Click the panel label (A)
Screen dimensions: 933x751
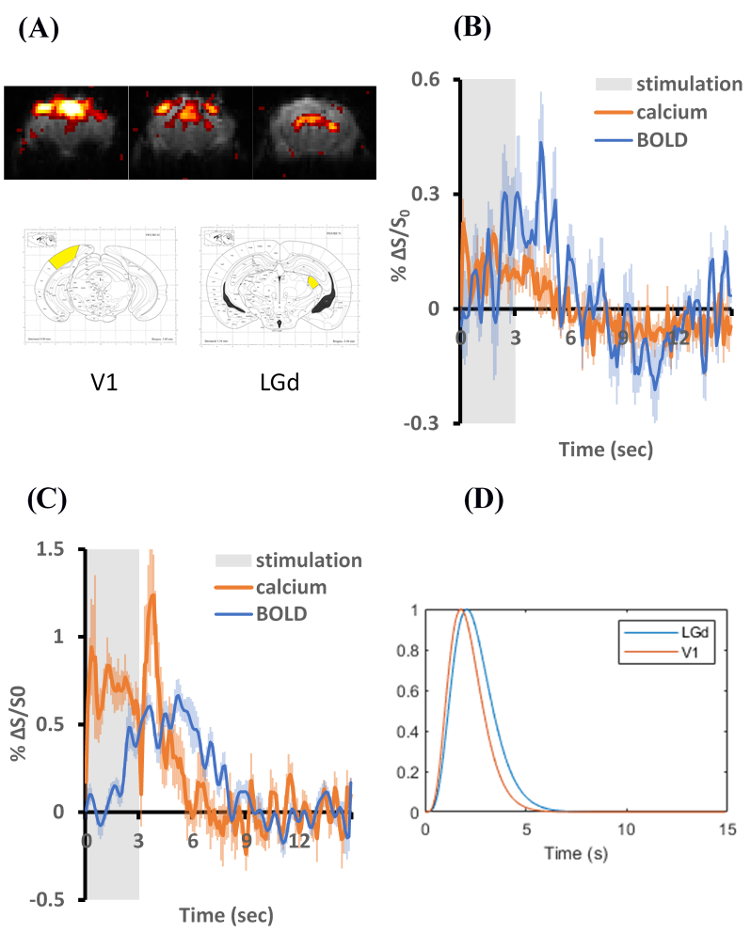click(x=39, y=29)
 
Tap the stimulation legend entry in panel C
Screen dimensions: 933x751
click(x=308, y=561)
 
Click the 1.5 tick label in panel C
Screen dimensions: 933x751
click(x=56, y=549)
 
